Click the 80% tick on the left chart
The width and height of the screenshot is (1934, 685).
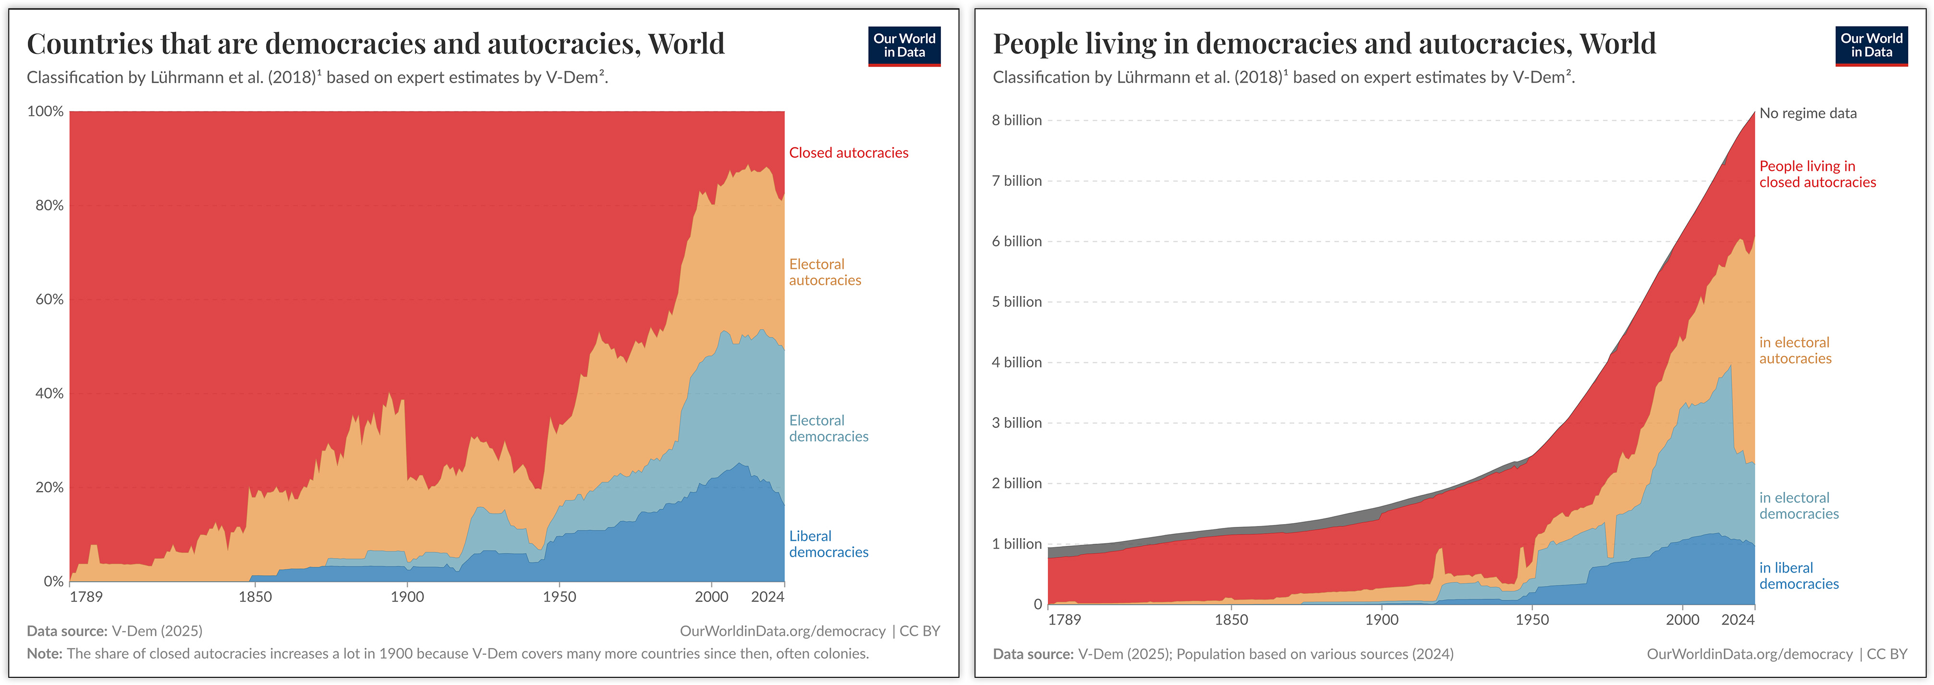point(49,206)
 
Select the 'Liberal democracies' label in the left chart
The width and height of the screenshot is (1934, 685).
point(827,544)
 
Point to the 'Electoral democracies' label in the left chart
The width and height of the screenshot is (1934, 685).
point(827,428)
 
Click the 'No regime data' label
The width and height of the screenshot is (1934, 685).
point(1807,113)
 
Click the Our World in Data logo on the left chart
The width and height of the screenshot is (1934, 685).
point(904,46)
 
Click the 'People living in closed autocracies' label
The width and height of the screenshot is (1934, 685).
point(1816,174)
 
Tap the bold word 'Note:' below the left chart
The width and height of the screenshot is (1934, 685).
point(44,653)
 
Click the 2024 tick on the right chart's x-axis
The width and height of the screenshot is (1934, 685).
point(1737,620)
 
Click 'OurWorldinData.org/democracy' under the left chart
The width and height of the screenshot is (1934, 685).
point(782,631)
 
